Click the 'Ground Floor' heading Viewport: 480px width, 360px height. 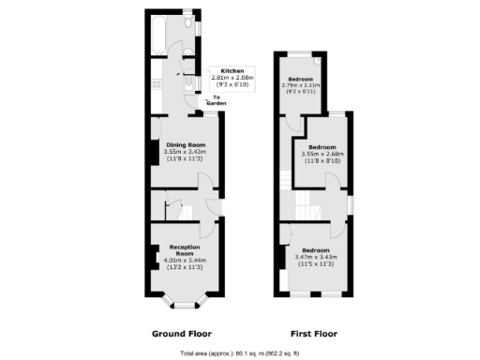181,333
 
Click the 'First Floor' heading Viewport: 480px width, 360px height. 312,333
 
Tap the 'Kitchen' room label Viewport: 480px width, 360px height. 232,71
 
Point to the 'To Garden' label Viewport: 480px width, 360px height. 217,101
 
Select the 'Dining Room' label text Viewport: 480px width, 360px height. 187,144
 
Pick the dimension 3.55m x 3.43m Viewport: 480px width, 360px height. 187,153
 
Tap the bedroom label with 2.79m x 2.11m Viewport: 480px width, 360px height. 301,80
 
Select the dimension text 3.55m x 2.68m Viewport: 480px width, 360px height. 322,156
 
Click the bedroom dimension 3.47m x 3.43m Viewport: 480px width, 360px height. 313,257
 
